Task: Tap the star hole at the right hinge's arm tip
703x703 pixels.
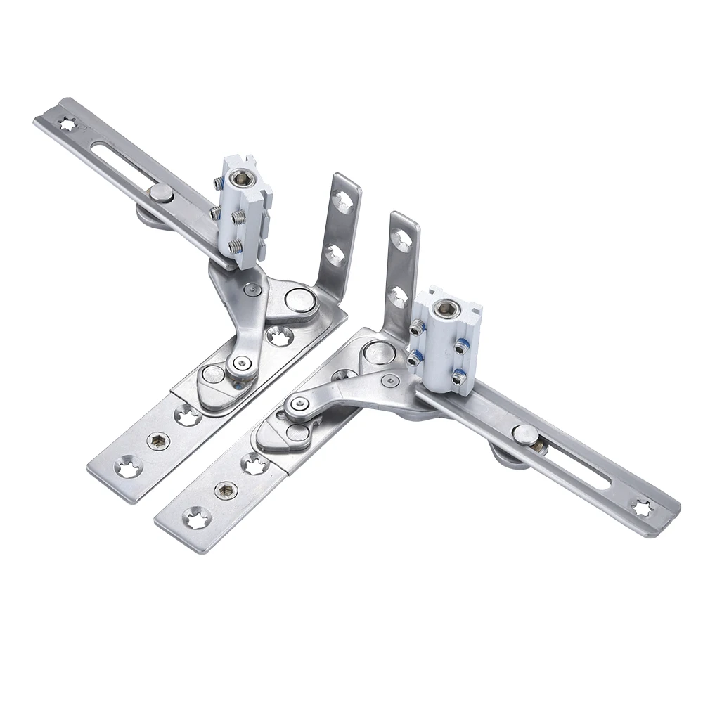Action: [641, 507]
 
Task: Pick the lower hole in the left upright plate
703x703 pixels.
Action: [335, 254]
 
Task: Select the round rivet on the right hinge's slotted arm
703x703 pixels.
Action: [524, 434]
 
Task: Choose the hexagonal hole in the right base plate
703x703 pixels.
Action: [224, 490]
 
